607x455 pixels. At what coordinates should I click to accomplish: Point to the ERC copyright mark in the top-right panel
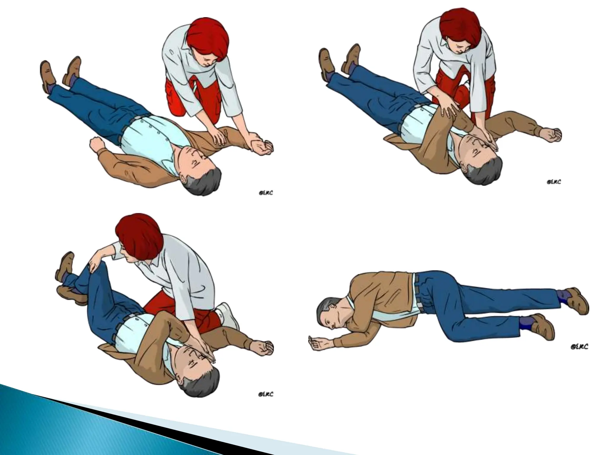tap(553, 182)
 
